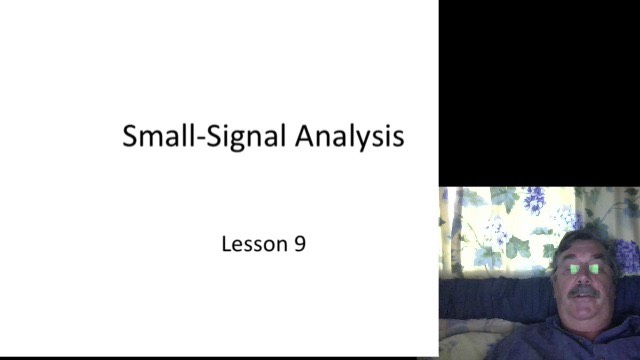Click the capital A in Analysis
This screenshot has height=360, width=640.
tap(304, 136)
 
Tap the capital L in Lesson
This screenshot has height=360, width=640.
tap(226, 242)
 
